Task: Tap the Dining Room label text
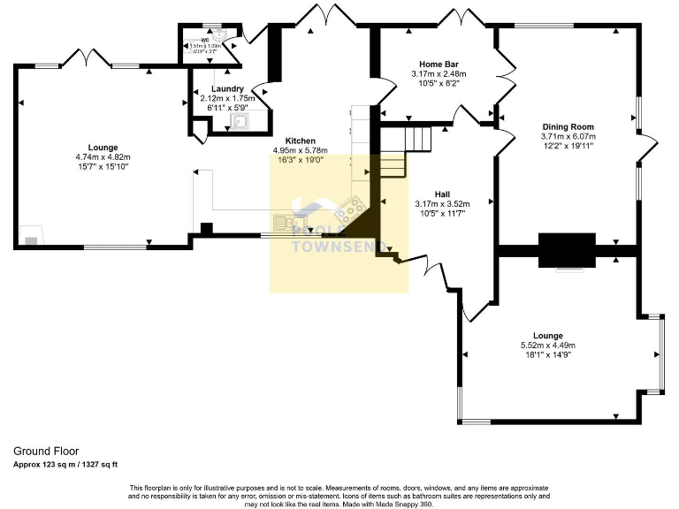[568, 126]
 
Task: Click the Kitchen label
[300, 141]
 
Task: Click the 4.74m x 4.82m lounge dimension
[103, 157]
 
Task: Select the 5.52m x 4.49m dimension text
[548, 346]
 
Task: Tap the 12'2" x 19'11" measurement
[568, 146]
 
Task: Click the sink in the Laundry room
[240, 121]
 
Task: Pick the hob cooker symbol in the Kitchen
[346, 210]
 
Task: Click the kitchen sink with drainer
[285, 222]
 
